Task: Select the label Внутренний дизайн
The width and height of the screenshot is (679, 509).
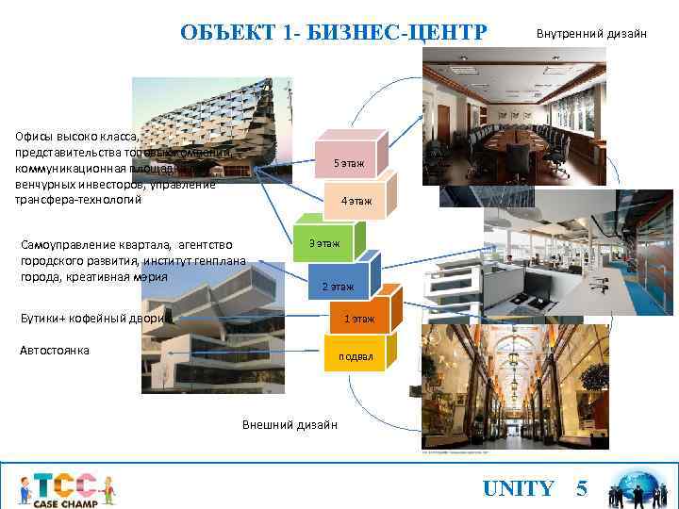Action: (x=591, y=34)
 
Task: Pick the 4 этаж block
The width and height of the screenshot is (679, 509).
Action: (x=356, y=201)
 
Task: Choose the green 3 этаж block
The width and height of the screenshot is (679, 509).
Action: (x=323, y=244)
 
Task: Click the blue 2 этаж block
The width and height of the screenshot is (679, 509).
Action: (x=337, y=286)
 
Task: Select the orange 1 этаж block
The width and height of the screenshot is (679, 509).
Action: (x=358, y=319)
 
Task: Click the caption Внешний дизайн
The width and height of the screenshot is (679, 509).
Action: (x=290, y=424)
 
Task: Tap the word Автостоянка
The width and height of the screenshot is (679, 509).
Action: (x=55, y=351)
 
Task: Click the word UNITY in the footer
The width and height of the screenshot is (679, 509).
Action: (x=518, y=488)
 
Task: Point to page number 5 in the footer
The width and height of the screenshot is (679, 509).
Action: (x=582, y=488)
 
